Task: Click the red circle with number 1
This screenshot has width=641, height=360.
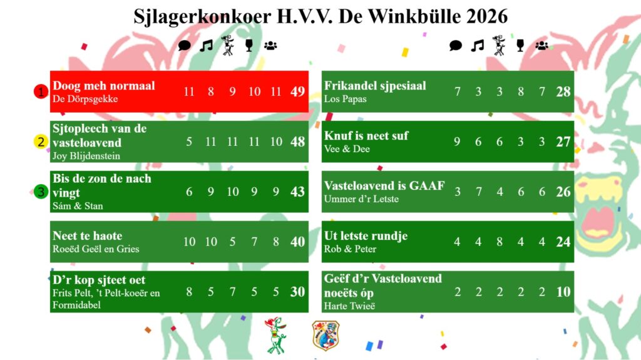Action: point(41,91)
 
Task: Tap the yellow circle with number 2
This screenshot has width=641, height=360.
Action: point(41,141)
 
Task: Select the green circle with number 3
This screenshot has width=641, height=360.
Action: point(41,192)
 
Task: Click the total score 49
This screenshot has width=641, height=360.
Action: point(297,91)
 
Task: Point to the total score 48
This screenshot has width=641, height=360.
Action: point(297,141)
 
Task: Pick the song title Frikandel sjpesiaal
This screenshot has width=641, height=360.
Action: point(375,86)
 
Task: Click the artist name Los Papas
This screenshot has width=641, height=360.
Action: point(345,99)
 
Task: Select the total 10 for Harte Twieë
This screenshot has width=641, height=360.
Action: point(563,292)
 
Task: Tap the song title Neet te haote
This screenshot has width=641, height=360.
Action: point(88,235)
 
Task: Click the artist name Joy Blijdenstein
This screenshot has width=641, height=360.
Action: point(86,156)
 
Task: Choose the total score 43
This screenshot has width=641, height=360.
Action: point(297,192)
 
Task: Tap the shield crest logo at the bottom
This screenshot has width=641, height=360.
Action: point(326,336)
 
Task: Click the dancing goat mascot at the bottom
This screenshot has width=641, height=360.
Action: point(276,335)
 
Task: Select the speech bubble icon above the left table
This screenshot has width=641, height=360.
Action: point(185,46)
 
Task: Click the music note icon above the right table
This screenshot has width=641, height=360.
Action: point(477,46)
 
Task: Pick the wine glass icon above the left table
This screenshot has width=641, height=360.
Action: point(249,45)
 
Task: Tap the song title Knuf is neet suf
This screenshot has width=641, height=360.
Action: point(366,135)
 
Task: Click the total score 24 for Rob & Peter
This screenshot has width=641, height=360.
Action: point(563,242)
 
